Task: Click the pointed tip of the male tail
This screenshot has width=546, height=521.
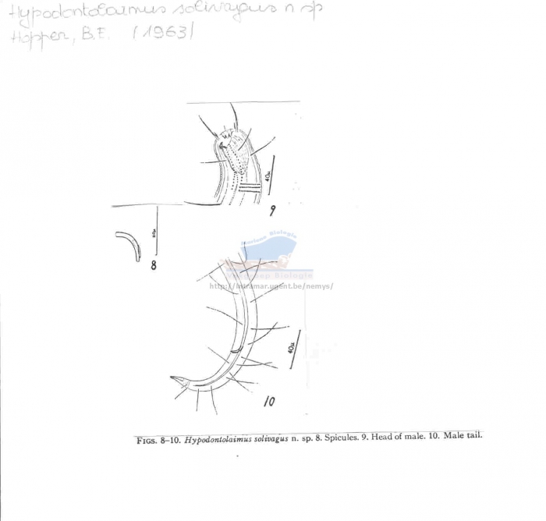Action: [x=171, y=379]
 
